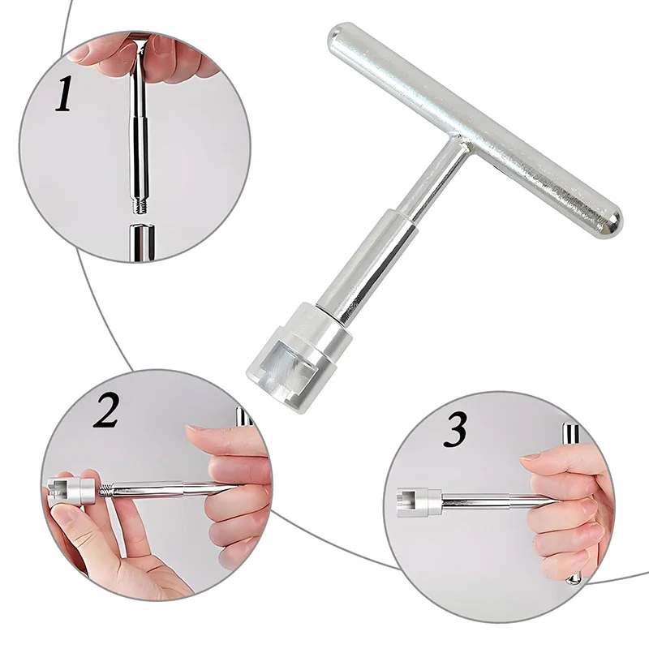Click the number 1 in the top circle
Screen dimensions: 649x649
pos(64,93)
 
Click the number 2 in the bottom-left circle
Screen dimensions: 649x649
pos(105,410)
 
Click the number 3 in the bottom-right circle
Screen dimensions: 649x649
pos(455,429)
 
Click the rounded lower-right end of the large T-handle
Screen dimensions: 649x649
pos(609,224)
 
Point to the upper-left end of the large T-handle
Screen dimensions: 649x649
pos(338,34)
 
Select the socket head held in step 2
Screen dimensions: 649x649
pos(73,490)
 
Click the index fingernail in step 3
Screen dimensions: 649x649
pos(533,458)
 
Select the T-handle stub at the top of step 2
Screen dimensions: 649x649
pos(243,417)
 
